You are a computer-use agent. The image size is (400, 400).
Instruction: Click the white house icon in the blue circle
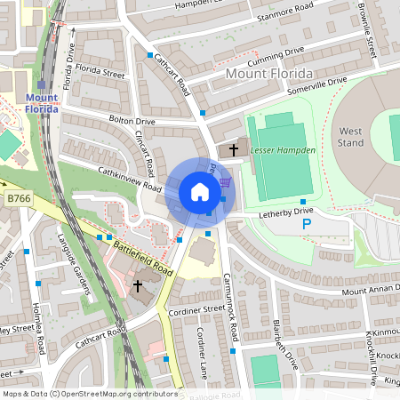point(200,192)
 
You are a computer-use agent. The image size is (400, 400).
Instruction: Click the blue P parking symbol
point(307,225)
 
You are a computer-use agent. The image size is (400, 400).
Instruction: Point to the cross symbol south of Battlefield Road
point(138,286)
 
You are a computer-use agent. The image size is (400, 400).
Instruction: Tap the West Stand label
point(351,137)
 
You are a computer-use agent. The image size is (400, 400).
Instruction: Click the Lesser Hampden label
point(284,150)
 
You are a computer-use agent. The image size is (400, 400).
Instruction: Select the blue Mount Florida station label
point(42,103)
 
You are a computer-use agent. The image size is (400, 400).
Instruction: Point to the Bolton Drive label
point(132,120)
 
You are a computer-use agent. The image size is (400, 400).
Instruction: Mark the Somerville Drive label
point(318,81)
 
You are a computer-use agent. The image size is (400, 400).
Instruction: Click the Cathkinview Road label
point(130,180)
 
